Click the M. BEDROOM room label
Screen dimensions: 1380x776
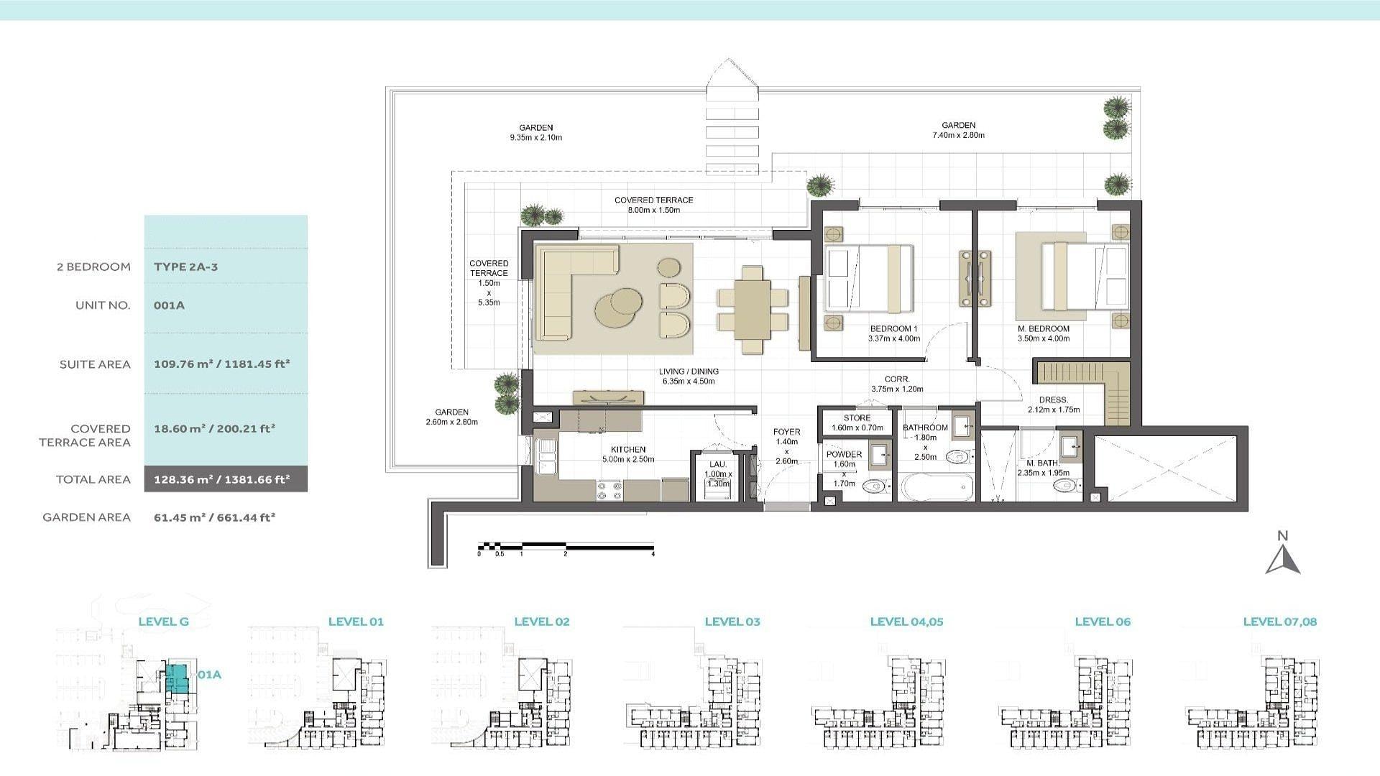pyautogui.click(x=1043, y=328)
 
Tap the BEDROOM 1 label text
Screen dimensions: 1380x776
pyautogui.click(x=893, y=328)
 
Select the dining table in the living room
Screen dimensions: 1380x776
pyautogui.click(x=753, y=309)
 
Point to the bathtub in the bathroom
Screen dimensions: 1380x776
pyautogui.click(x=937, y=487)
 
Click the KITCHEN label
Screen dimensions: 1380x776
pyautogui.click(x=628, y=449)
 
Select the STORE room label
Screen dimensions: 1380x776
pyautogui.click(x=857, y=417)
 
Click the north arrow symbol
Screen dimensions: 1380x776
pyautogui.click(x=1283, y=558)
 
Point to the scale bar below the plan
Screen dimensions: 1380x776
pyautogui.click(x=566, y=546)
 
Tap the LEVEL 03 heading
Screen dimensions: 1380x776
pyautogui.click(x=732, y=622)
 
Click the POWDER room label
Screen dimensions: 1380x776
pyautogui.click(x=844, y=454)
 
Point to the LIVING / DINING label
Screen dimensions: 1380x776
pyautogui.click(x=689, y=371)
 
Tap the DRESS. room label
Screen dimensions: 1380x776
pyautogui.click(x=1054, y=400)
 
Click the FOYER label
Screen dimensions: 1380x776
pyautogui.click(x=786, y=432)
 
